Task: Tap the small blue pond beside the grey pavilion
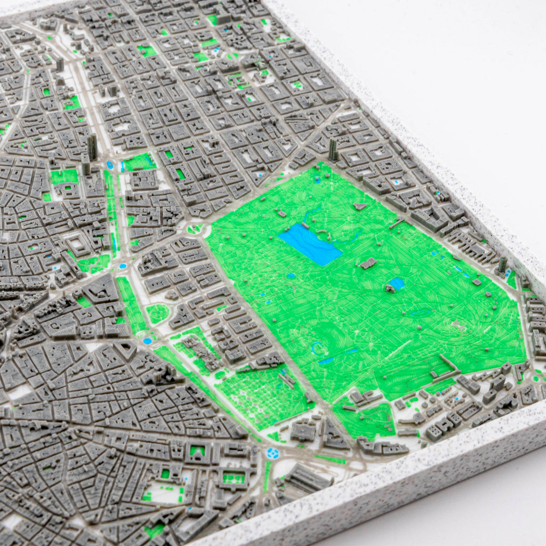pos(397,283)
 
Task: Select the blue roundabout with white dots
pos(273,454)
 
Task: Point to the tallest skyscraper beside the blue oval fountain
pos(92,147)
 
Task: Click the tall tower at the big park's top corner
pos(333,150)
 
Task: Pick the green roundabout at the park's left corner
pos(195,229)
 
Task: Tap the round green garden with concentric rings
pos(157,313)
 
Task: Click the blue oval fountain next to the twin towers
pos(110,165)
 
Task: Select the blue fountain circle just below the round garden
pos(147,340)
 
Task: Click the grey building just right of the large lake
pos(367,263)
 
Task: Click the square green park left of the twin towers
pos(64,176)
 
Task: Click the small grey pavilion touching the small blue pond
pos(390,288)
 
